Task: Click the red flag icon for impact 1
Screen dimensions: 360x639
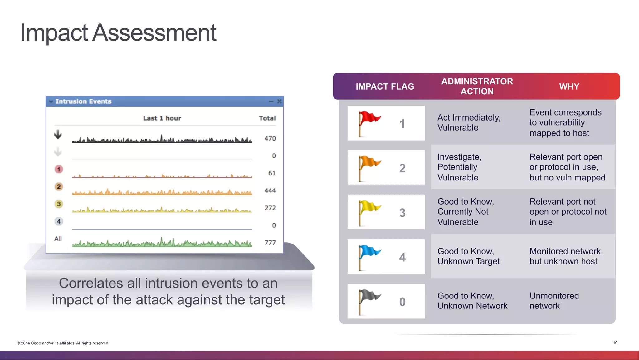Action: pos(369,123)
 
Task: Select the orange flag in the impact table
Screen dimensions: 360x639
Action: pos(369,167)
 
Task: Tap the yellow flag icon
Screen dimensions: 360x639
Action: pos(369,212)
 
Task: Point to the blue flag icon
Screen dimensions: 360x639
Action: pos(369,257)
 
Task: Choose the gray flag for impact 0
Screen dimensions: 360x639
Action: pos(369,301)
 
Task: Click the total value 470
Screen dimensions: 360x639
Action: pos(270,138)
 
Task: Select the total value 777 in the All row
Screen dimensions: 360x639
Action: pos(270,243)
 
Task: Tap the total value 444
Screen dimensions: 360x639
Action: pos(270,190)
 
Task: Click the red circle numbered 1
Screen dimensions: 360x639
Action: pos(59,169)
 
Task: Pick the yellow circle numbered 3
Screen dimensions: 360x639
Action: pos(59,204)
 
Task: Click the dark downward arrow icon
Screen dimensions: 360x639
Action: pos(58,134)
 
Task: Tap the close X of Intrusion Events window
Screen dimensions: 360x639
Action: pos(279,101)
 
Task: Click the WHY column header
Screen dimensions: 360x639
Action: pos(569,86)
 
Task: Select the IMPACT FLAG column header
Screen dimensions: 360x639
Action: pos(385,86)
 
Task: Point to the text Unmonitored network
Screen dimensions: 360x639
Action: pos(554,301)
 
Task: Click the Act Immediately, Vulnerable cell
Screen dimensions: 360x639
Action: pos(469,122)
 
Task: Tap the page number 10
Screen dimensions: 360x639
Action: pos(615,343)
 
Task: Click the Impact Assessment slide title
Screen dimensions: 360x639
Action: pos(118,32)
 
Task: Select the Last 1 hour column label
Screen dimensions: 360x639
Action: pos(162,118)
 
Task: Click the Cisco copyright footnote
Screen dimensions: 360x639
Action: pos(63,343)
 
